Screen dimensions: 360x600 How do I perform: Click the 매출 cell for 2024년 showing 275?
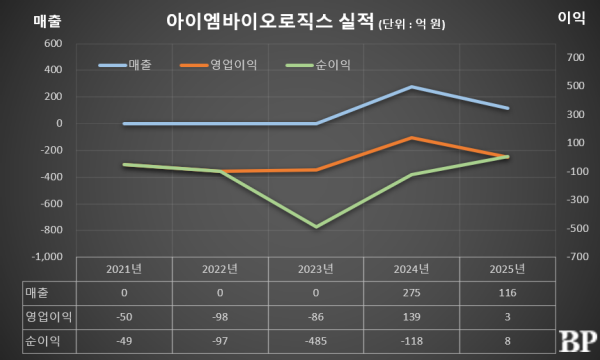point(412,292)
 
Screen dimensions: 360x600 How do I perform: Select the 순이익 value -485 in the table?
point(316,340)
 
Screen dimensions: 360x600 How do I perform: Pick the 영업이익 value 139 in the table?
point(412,316)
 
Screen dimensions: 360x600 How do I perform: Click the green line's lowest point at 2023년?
point(316,227)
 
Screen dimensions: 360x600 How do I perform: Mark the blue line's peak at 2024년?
point(412,87)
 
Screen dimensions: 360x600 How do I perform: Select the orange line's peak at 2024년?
point(412,138)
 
